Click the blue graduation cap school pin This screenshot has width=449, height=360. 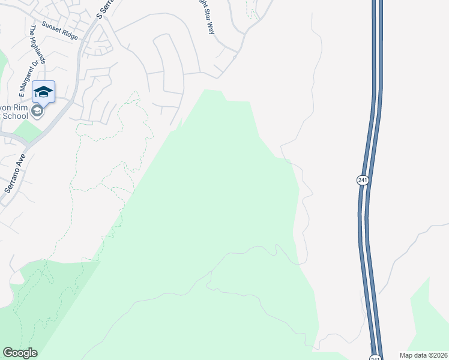(x=43, y=92)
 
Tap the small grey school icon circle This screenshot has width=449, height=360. (x=37, y=112)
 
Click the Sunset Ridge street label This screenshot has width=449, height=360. (x=59, y=31)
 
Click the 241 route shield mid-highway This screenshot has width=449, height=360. (x=362, y=180)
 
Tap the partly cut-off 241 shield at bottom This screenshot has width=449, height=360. (x=375, y=358)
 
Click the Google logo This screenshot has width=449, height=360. (x=20, y=353)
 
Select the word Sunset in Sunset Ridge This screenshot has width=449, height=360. (x=51, y=28)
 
